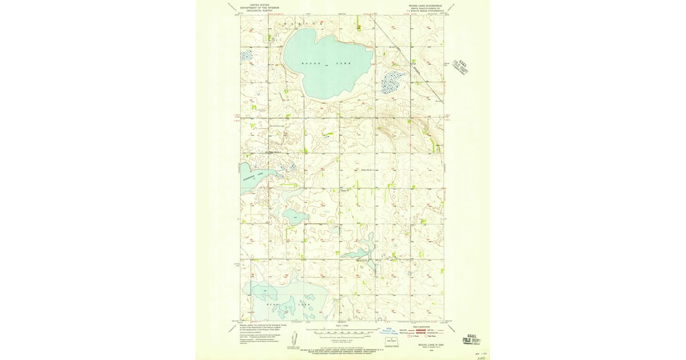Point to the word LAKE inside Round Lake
[x=343, y=62]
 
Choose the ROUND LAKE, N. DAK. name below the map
[x=432, y=345]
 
